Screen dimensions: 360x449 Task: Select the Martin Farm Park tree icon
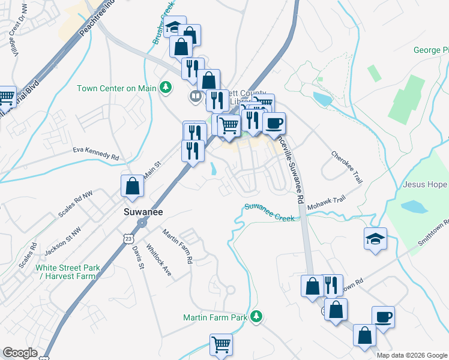click(257, 316)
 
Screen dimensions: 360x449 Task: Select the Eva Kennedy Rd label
click(95, 152)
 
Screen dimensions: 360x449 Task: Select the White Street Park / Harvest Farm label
click(65, 272)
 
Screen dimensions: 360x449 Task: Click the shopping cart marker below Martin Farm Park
click(221, 345)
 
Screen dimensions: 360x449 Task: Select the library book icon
click(196, 96)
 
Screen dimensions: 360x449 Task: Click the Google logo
click(20, 353)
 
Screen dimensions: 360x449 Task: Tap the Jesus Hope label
click(425, 184)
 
